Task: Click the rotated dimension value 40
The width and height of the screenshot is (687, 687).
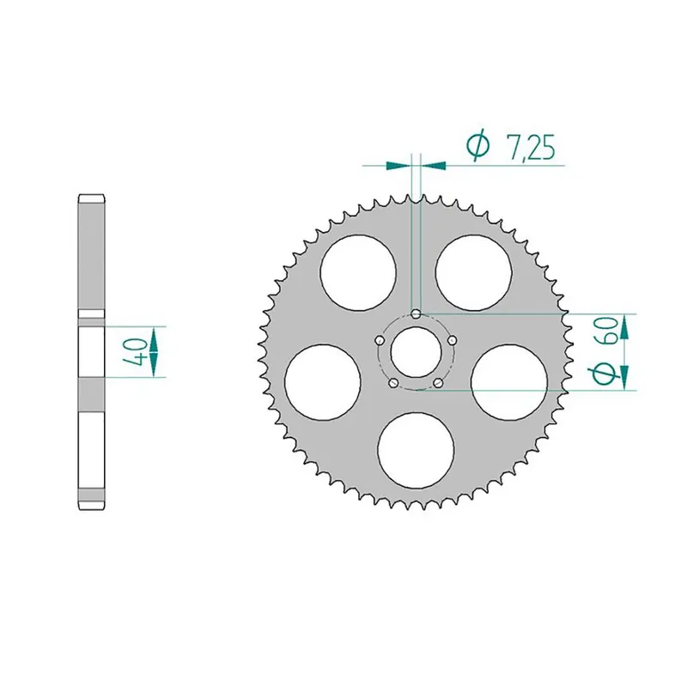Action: click(x=133, y=352)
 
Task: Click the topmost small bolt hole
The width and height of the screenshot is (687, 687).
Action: click(x=416, y=314)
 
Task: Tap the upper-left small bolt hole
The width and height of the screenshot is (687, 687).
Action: click(x=380, y=341)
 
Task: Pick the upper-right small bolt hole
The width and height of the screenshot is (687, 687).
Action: click(x=452, y=341)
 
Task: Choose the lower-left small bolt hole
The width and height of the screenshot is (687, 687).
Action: click(x=393, y=383)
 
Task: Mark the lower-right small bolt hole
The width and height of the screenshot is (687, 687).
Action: click(x=438, y=383)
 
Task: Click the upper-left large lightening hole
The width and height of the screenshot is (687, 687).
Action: click(x=358, y=272)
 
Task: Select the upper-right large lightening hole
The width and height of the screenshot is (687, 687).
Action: click(x=473, y=272)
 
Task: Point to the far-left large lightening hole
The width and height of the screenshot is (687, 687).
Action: click(x=322, y=380)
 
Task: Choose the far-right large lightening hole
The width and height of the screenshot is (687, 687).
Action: click(x=509, y=380)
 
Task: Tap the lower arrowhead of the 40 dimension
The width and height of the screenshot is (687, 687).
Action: click(x=154, y=368)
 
